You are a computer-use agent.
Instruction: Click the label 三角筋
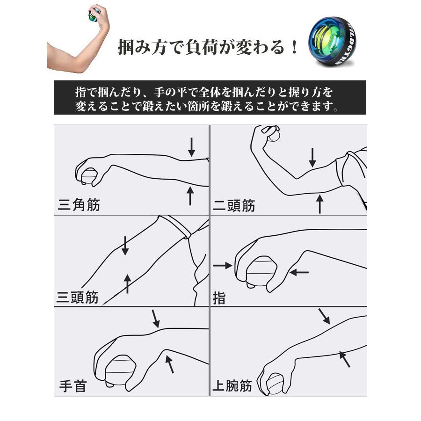[x=79, y=205]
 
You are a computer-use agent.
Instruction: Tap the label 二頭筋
[x=234, y=206]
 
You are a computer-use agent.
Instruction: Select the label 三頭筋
[x=78, y=297]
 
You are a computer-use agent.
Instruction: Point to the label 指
[x=219, y=298]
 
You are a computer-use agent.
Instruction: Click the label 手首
[x=73, y=386]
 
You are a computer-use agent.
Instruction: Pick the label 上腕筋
[x=232, y=386]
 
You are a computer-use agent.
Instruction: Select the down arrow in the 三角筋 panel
[x=191, y=147]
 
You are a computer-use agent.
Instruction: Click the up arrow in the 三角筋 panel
[x=190, y=196]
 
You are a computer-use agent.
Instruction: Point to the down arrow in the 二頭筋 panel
[x=312, y=158]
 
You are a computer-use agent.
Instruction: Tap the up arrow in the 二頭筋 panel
[x=319, y=204]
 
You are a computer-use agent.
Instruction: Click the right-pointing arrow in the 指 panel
[x=223, y=266]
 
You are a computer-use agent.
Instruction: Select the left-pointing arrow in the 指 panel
[x=299, y=273]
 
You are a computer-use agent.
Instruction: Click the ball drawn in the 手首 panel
[x=119, y=372]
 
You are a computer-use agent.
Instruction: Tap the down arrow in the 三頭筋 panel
[x=125, y=246]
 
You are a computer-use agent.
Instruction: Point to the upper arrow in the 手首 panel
[x=156, y=319]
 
